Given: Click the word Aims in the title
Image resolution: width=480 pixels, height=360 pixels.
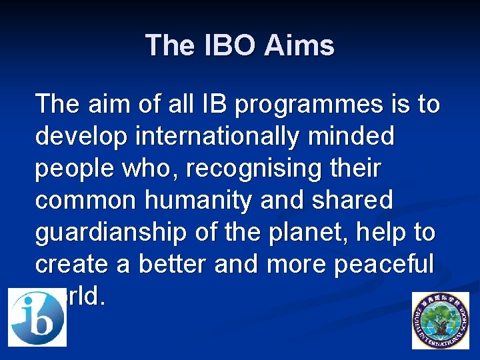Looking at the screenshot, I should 299,45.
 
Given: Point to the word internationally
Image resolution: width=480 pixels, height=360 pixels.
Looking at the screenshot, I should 217,137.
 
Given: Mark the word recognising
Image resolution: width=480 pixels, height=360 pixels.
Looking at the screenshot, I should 265,169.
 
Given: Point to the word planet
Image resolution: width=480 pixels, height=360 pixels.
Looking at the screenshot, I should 295,233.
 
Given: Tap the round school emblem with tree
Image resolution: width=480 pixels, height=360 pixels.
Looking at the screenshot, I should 440,320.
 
